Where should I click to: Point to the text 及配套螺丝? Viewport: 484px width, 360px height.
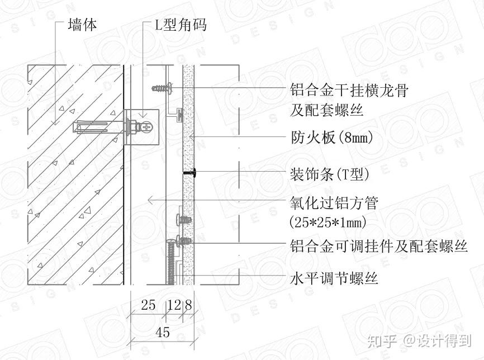pyautogui.click(x=326, y=110)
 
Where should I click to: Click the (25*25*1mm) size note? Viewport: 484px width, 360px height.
pyautogui.click(x=328, y=221)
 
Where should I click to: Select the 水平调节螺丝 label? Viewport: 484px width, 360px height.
pyautogui.click(x=334, y=278)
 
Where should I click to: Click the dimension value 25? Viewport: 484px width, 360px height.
pyautogui.click(x=148, y=305)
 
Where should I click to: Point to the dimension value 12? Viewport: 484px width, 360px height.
pyautogui.click(x=174, y=305)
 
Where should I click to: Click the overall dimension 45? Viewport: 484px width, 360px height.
pyautogui.click(x=162, y=332)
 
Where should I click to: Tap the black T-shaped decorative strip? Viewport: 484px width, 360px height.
pyautogui.click(x=189, y=174)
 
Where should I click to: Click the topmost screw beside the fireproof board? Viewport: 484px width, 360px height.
pyautogui.click(x=161, y=88)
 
